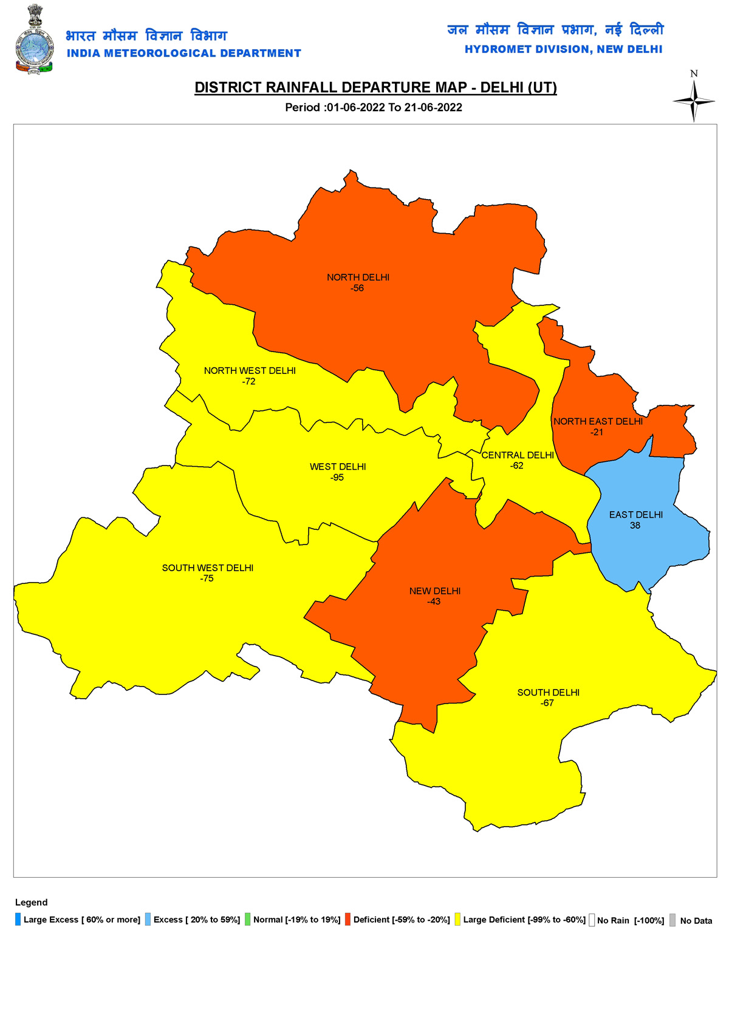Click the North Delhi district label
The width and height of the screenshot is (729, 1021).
point(358,277)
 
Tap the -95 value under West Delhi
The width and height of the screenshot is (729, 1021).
point(337,478)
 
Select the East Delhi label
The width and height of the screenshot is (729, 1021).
point(635,515)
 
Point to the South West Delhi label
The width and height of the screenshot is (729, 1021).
point(207,568)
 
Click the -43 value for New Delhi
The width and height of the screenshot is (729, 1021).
point(434,602)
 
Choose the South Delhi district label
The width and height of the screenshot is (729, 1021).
point(548,693)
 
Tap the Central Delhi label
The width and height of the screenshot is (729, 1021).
point(518,455)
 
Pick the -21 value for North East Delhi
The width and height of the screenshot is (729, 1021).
point(597,432)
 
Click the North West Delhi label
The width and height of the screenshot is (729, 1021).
point(250,371)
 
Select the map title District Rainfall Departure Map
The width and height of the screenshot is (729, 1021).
point(375,87)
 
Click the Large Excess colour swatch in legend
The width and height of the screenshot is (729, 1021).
point(18,920)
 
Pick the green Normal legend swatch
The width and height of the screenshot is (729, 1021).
point(248,920)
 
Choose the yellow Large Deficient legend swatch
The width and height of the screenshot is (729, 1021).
point(457,920)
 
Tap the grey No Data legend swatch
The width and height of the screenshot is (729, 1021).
point(673,920)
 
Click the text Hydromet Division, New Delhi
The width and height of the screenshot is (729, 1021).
point(563,49)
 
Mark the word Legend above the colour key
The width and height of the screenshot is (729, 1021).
point(31,903)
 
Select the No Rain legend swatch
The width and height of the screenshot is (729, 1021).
point(592,920)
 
